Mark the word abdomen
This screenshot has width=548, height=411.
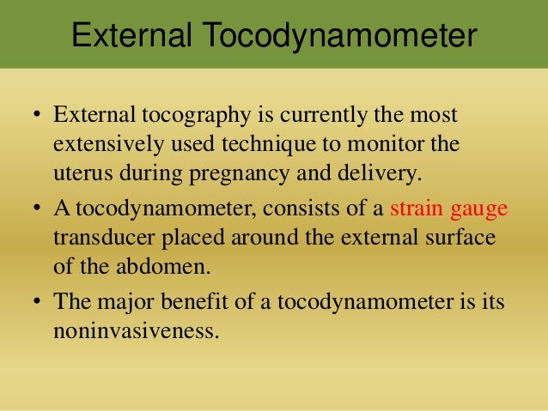tap(161, 264)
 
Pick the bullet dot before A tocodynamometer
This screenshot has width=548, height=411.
tap(37, 209)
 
